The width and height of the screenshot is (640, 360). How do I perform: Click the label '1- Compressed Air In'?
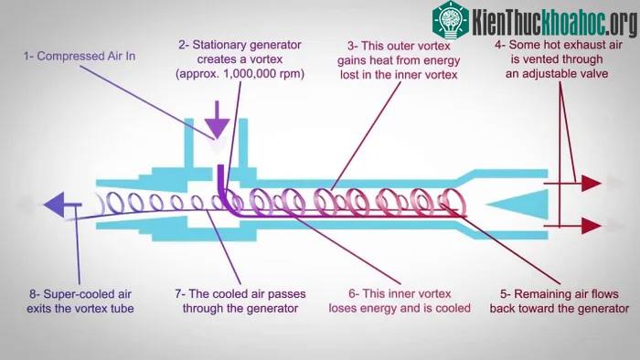[80, 57]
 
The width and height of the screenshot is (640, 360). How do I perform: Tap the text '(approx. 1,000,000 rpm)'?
[240, 74]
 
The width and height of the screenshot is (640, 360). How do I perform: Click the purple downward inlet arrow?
[217, 121]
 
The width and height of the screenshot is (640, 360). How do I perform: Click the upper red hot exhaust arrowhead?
[591, 184]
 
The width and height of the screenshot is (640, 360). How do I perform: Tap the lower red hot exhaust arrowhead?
[591, 226]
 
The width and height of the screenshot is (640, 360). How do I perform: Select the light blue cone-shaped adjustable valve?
[517, 204]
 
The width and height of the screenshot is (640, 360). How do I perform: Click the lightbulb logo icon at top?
[451, 20]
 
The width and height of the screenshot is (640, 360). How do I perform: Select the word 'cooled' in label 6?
[453, 308]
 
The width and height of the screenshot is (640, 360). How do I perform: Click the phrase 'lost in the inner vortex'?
[399, 75]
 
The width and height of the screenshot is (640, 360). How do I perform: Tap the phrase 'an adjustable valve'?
[557, 74]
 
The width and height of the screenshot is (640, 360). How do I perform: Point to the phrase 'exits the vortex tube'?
[80, 309]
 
